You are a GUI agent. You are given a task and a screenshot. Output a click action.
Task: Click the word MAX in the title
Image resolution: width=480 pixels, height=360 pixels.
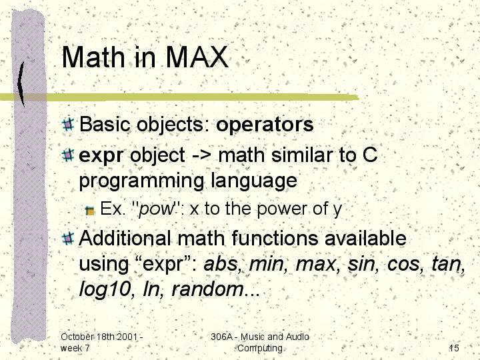coord(197,57)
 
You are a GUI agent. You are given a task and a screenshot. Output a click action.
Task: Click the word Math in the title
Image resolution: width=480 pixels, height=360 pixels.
coord(93,57)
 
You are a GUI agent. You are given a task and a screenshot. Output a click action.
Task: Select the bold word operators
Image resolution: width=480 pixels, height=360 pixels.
coord(265,125)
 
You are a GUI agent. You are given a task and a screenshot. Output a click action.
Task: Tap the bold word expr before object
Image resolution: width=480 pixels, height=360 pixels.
coord(101,156)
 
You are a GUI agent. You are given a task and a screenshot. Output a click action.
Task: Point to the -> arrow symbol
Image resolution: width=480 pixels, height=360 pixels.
coord(201,155)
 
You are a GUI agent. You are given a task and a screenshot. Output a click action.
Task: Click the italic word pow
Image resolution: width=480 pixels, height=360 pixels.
coord(156,210)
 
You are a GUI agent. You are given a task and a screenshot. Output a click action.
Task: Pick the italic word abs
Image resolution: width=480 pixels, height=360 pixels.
coord(221,263)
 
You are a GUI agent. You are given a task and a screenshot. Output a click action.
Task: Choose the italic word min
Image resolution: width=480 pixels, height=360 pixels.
coord(266,263)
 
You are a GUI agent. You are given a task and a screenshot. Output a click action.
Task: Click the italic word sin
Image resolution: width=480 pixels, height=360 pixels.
coord(361,263)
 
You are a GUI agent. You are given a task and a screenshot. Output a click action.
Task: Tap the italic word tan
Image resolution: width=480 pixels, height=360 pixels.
coord(446,263)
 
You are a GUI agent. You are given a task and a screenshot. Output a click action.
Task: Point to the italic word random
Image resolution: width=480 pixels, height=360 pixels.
coord(207,289)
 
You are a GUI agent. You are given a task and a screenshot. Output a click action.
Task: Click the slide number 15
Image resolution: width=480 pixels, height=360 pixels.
coord(454,348)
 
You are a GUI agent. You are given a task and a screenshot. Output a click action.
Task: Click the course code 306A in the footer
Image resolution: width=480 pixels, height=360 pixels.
coord(221,337)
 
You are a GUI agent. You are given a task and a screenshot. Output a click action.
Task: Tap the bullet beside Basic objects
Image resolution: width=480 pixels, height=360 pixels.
coord(67,124)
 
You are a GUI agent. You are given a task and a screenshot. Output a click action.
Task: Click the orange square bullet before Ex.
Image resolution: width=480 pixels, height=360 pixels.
coord(90,211)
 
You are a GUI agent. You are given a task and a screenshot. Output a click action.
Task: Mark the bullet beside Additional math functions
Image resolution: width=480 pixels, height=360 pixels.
coord(67,239)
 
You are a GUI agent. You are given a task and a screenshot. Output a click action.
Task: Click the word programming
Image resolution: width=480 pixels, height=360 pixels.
coord(141,181)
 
